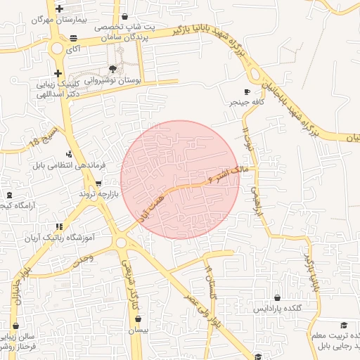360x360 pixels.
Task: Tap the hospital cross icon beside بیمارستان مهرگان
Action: (x=59, y=9)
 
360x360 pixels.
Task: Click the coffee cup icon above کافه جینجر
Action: (x=246, y=91)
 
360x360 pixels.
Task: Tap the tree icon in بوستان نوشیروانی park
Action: (x=113, y=68)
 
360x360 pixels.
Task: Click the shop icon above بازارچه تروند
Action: (x=98, y=182)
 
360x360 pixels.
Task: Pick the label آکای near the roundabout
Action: (x=72, y=50)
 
